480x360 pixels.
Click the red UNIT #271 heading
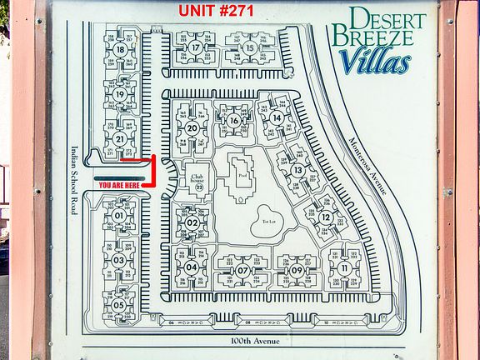coord(222,11)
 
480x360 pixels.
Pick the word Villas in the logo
coord(374,62)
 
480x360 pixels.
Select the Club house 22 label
coord(197,182)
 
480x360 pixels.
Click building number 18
coord(121,50)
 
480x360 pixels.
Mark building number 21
coord(121,139)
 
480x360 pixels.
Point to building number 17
coord(196,48)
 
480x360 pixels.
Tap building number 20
coord(192,128)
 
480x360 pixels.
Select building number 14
coord(277,118)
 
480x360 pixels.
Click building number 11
coord(344,268)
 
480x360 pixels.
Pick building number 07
coord(242,270)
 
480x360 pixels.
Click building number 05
coord(119,305)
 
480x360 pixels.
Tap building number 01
coord(119,217)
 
